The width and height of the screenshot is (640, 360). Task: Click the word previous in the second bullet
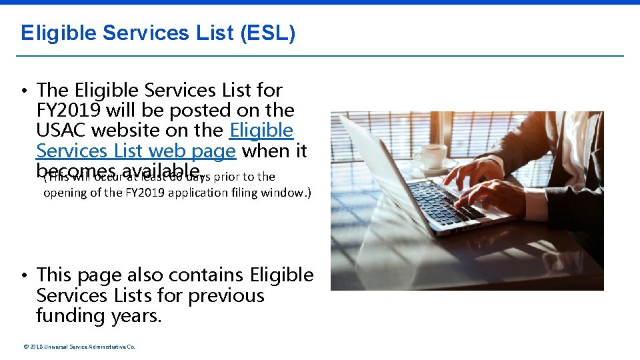point(226,295)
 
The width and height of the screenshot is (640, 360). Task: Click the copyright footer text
point(79,347)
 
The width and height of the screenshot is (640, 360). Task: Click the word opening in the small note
point(63,193)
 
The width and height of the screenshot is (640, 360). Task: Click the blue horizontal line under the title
point(320,55)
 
